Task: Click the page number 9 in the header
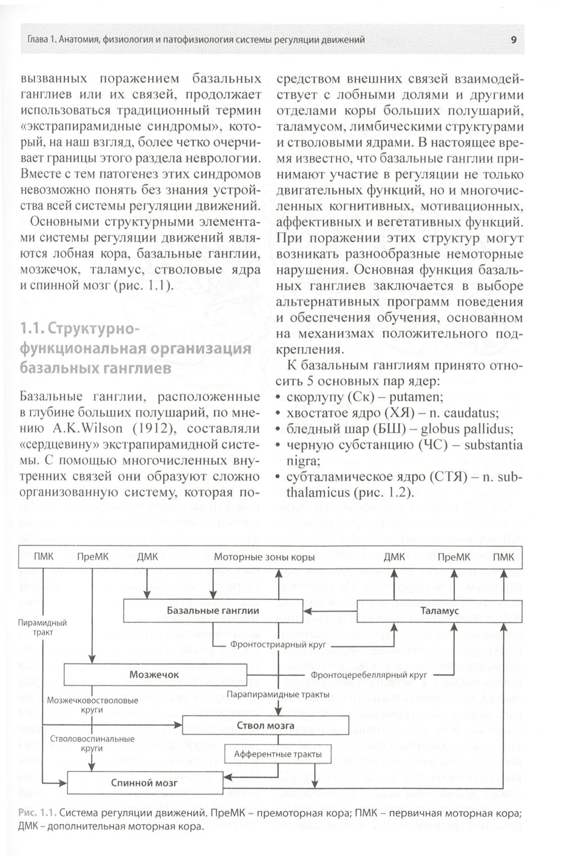point(514,39)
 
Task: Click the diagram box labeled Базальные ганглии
point(213,610)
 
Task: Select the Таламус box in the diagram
point(440,610)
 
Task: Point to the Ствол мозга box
point(265,725)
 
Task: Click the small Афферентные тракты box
point(278,754)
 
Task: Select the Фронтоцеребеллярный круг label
point(368,675)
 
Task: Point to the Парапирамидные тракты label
point(278,695)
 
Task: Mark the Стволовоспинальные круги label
point(92,743)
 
